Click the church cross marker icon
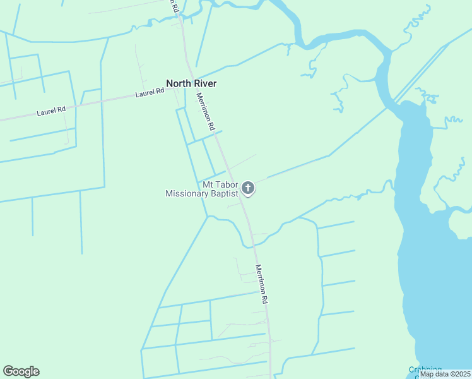pos(248,188)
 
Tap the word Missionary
pos(186,194)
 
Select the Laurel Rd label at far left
pos(51,112)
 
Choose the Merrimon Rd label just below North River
pos(206,112)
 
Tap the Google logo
pos(21,371)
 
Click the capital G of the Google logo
pos(8,371)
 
